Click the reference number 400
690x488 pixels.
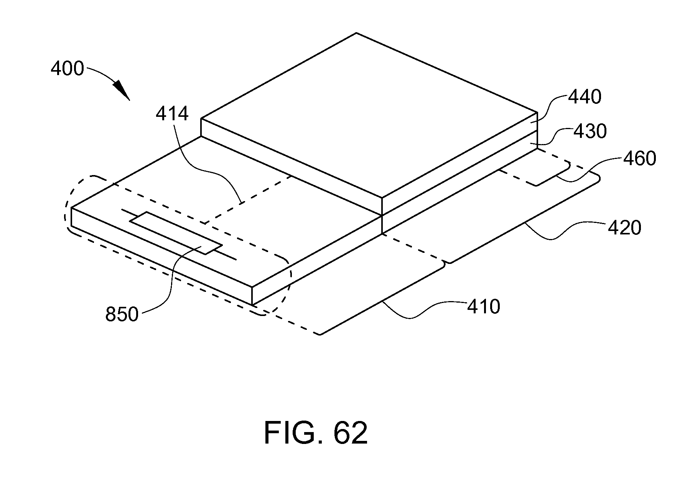[67, 69]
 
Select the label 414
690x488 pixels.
[172, 114]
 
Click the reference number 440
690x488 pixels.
[585, 97]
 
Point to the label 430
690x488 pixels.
[590, 131]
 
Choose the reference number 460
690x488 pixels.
[639, 158]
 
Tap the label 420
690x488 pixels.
[624, 228]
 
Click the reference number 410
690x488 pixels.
[483, 306]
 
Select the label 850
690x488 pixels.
[122, 314]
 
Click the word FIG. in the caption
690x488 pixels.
[293, 432]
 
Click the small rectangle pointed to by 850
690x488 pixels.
[176, 233]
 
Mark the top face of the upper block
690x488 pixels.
[369, 115]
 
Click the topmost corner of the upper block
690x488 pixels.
[356, 33]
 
